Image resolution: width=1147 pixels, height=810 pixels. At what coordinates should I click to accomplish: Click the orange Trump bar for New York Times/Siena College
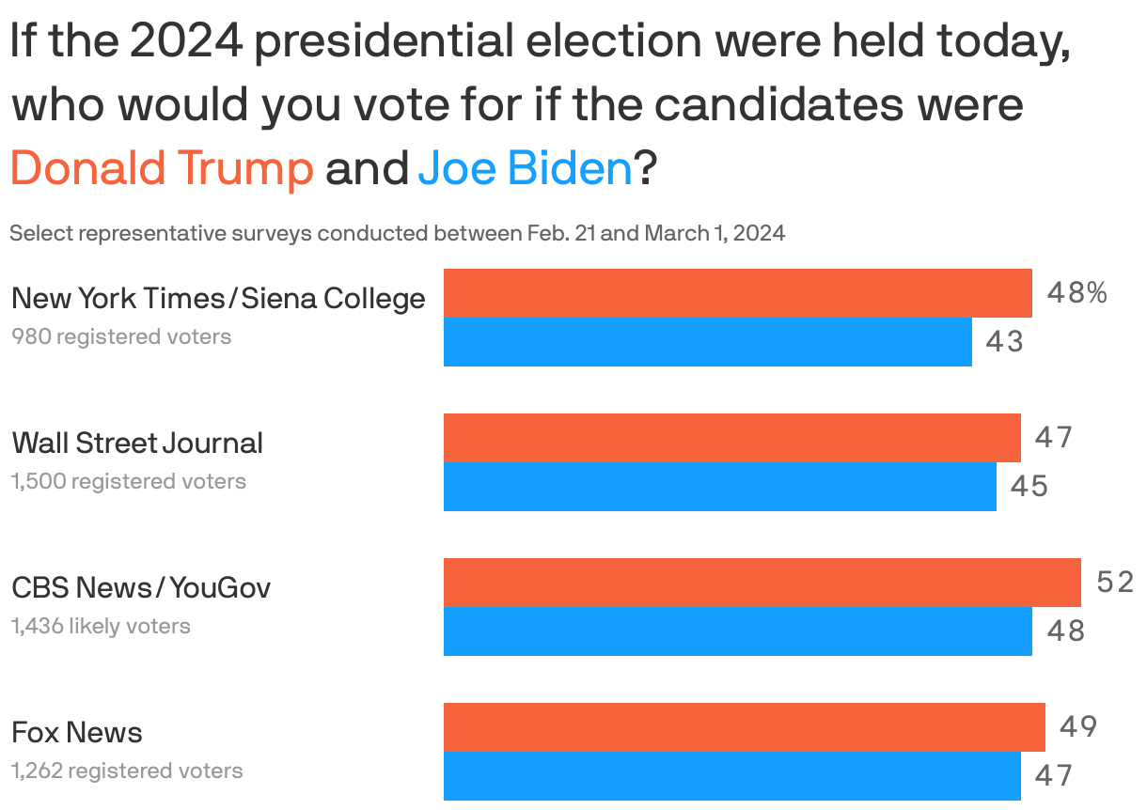tap(737, 293)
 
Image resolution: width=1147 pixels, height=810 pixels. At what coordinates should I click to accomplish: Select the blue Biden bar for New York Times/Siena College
tap(707, 342)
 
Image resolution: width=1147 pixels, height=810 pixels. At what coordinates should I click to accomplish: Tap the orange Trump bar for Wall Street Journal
tap(731, 438)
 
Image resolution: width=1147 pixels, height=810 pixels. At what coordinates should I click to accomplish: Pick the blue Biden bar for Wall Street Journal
tap(719, 487)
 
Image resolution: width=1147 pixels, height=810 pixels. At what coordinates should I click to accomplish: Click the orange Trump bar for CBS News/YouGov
tap(762, 583)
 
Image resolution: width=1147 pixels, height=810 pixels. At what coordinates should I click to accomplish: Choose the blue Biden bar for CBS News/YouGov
tap(737, 631)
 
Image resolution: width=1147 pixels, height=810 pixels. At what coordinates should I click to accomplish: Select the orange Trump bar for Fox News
tap(744, 727)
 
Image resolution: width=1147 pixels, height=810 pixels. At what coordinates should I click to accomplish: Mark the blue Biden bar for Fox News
tap(731, 776)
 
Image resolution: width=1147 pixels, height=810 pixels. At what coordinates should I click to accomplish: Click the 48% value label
tap(1076, 293)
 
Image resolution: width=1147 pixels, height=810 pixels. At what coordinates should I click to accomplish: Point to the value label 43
tap(1004, 342)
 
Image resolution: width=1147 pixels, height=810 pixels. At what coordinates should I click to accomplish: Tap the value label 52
tap(1115, 583)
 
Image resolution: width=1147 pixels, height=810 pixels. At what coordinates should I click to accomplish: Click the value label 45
tap(1029, 487)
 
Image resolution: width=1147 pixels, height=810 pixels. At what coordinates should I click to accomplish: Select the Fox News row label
tap(77, 732)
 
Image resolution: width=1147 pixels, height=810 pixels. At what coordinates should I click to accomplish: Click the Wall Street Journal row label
tap(137, 443)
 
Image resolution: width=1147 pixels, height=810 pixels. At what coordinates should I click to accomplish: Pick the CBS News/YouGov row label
tap(141, 587)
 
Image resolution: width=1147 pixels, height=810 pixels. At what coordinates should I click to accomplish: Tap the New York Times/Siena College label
tap(218, 298)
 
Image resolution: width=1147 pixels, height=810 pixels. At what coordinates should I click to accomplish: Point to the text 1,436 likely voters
tap(101, 626)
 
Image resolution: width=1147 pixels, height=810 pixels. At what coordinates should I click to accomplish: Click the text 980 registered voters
tap(121, 336)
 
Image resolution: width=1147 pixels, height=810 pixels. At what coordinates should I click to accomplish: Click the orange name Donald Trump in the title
tap(161, 168)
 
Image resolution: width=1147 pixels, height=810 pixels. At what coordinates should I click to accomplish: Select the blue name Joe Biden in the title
tap(525, 168)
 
